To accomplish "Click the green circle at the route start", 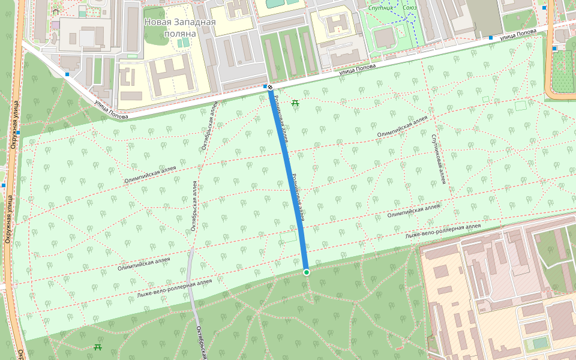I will (x=307, y=272).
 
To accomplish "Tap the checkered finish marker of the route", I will (x=271, y=88).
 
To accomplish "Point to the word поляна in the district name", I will (x=180, y=34).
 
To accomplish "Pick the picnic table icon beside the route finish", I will (x=295, y=103).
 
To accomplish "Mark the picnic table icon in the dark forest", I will (x=98, y=347).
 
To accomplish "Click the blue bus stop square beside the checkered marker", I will (x=265, y=87).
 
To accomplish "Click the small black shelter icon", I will (x=56, y=11).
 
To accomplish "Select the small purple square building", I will (x=56, y=25).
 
